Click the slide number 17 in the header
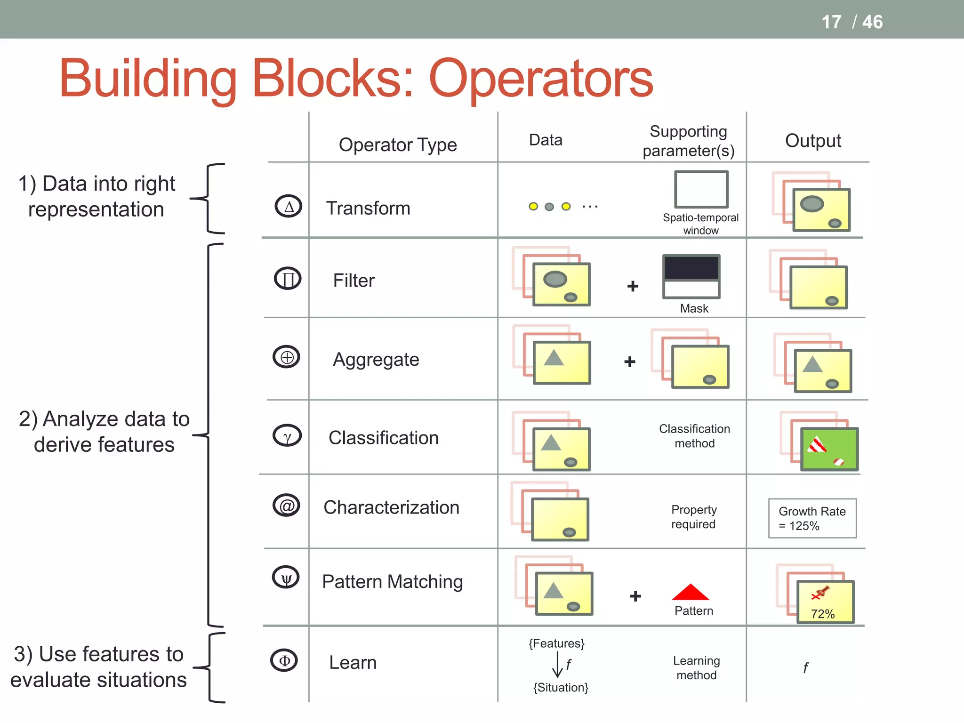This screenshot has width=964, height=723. [x=831, y=22]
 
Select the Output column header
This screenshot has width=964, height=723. [x=813, y=141]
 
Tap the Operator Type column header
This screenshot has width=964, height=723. [x=398, y=145]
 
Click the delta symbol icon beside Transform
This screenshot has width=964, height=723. [x=288, y=206]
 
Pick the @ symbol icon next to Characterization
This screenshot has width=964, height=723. [x=286, y=506]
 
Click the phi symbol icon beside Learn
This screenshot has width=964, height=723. [x=284, y=660]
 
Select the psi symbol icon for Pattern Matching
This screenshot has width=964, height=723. [x=286, y=578]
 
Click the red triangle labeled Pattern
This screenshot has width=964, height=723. [x=690, y=592]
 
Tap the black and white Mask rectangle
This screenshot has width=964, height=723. [x=691, y=277]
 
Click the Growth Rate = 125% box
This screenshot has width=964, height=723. [x=812, y=518]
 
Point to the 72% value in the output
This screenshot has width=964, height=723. [x=822, y=614]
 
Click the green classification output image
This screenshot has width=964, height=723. [x=829, y=449]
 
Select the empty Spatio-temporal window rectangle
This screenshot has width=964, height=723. [x=701, y=189]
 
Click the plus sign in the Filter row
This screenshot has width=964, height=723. [x=633, y=286]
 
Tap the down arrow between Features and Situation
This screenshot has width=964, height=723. [x=557, y=665]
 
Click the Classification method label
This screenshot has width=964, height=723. [x=694, y=436]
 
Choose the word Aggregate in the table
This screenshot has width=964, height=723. [x=376, y=360]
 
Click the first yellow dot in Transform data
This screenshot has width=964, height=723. [x=533, y=206]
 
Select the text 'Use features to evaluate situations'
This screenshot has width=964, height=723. [x=98, y=667]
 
